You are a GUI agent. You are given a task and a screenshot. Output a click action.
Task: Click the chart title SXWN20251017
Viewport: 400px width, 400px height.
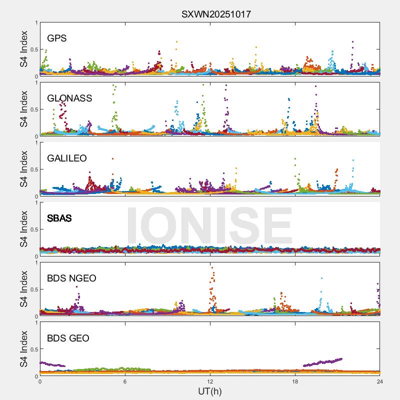[216, 14]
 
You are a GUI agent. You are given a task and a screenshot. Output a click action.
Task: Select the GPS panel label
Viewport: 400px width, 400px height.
[57, 38]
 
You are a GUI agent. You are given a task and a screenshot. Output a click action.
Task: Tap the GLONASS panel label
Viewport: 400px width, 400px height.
[69, 98]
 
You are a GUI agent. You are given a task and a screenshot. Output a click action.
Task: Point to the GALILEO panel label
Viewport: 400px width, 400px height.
[67, 158]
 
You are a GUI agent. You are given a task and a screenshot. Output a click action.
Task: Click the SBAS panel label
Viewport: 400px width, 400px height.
[59, 218]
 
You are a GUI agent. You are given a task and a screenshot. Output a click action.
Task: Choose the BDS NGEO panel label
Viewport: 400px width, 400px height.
[71, 278]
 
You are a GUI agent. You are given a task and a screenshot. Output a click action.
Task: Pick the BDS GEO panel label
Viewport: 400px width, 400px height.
[68, 338]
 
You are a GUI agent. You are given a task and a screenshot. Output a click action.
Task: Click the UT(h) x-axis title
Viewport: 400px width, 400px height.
[210, 391]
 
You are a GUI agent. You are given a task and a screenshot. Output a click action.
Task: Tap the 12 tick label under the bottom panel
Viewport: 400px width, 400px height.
[210, 381]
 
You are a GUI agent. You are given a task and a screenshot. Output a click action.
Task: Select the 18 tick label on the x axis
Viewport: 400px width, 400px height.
[295, 381]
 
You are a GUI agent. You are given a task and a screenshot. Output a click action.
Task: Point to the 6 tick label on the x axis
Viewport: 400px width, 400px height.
[125, 381]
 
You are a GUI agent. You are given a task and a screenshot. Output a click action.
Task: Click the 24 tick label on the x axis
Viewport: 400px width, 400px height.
[379, 381]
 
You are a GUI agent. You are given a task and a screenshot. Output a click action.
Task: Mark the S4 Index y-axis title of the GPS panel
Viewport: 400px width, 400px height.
[24, 49]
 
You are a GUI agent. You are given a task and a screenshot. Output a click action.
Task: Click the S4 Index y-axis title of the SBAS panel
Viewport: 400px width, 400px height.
[24, 229]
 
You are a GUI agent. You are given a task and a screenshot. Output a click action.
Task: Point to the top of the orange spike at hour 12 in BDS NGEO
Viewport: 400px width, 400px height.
[212, 267]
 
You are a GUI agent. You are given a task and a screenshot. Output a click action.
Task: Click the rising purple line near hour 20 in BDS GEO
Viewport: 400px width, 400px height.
[322, 362]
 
